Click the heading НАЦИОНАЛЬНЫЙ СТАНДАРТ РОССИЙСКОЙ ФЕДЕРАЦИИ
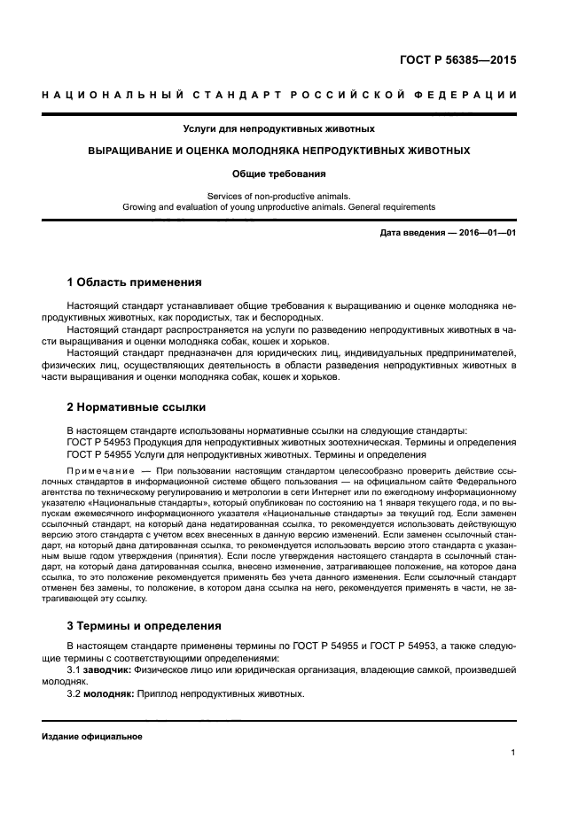point(278,95)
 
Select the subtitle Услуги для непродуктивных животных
point(278,128)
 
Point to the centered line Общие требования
point(278,174)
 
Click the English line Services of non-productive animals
point(278,196)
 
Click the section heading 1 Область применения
point(134,283)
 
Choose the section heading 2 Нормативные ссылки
point(137,407)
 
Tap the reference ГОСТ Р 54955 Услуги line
point(234,453)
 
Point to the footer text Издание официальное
point(92,737)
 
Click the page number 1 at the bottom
point(513,753)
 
